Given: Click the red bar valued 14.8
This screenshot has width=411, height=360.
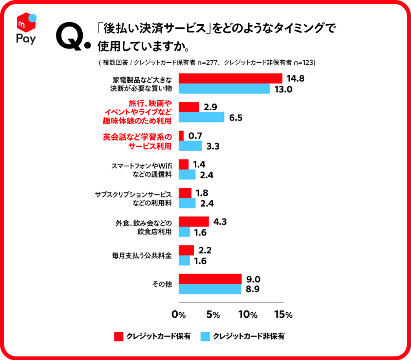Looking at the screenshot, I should (x=230, y=78).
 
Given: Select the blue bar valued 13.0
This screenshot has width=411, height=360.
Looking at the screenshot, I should (x=224, y=88).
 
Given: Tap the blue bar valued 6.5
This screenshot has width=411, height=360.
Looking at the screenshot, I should (x=201, y=117).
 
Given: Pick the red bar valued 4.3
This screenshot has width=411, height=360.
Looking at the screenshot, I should (x=194, y=222).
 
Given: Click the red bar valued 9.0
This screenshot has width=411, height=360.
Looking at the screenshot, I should (x=210, y=279).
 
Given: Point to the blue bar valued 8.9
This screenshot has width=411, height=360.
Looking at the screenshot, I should (x=210, y=289).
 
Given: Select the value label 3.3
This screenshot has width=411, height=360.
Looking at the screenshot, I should (x=213, y=146).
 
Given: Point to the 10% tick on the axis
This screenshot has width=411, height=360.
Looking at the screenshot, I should (x=248, y=314).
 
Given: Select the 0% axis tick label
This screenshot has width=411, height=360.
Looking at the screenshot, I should (x=178, y=314).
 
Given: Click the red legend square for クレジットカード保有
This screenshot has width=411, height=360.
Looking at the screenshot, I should (x=118, y=337).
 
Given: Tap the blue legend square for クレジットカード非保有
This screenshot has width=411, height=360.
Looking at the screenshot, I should (x=206, y=337).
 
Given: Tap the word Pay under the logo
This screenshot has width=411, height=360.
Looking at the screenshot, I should (x=26, y=39).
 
